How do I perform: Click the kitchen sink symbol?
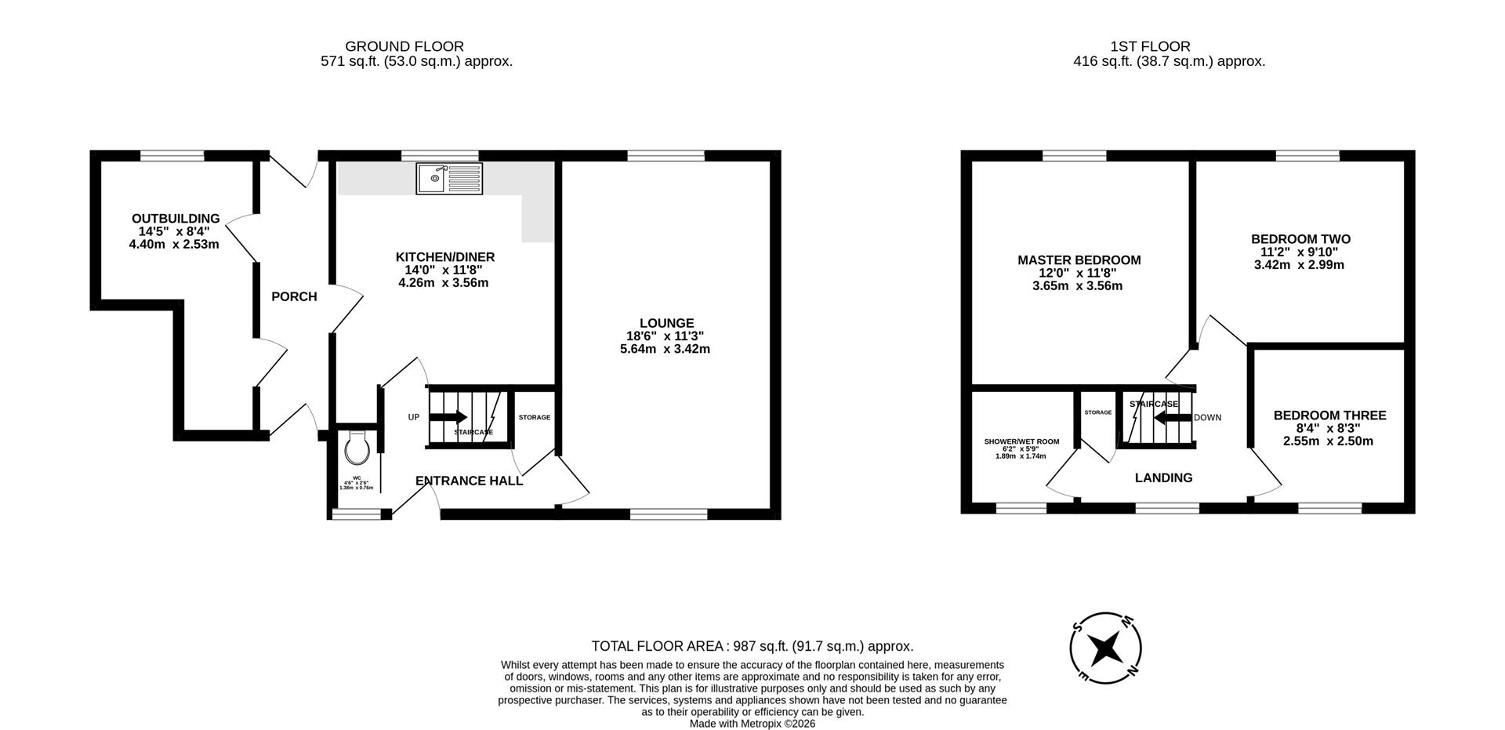click(x=449, y=179)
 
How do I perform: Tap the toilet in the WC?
click(x=357, y=449)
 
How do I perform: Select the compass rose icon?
click(x=1105, y=648)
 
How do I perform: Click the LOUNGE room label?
click(x=666, y=323)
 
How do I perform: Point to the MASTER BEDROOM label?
click(x=1079, y=260)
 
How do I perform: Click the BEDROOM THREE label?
click(x=1329, y=416)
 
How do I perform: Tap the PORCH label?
click(x=294, y=296)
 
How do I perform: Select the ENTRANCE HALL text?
click(x=469, y=481)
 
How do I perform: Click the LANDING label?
click(x=1163, y=478)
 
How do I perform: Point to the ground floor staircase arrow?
click(x=448, y=417)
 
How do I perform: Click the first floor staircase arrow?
click(x=1173, y=418)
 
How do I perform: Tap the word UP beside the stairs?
click(x=414, y=417)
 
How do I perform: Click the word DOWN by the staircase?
click(x=1207, y=418)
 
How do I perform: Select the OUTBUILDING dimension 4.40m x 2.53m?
click(x=174, y=244)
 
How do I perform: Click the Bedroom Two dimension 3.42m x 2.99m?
click(x=1299, y=264)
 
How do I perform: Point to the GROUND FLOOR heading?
click(x=404, y=46)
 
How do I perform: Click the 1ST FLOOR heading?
click(x=1150, y=46)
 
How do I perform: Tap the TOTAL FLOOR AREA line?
click(x=752, y=646)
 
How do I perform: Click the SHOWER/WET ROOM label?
click(x=1021, y=441)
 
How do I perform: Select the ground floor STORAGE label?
click(x=534, y=417)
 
